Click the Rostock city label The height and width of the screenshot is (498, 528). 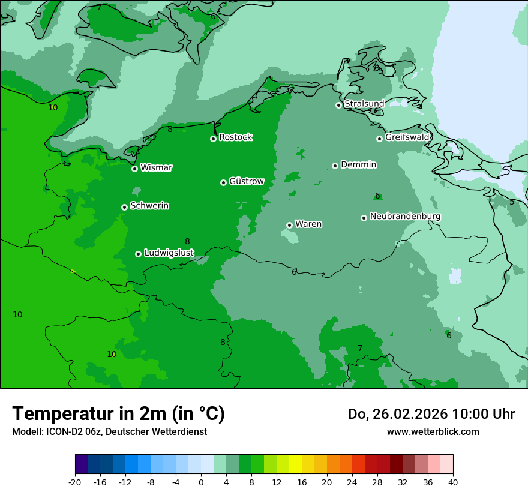tap(235, 137)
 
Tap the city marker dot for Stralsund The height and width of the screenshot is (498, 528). tap(338, 105)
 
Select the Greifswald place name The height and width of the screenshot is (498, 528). tap(407, 137)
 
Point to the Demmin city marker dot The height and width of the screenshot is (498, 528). tap(335, 166)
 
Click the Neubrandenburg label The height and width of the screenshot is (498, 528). tap(405, 217)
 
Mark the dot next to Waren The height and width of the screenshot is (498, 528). tap(289, 225)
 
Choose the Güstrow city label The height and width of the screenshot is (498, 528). tap(246, 181)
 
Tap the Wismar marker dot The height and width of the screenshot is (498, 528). tap(134, 169)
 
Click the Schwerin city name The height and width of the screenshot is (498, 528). tap(149, 206)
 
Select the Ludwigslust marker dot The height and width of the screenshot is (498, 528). tap(138, 254)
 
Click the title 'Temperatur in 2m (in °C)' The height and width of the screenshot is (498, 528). tap(118, 413)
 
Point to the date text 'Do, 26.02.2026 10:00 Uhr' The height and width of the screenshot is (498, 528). tap(431, 414)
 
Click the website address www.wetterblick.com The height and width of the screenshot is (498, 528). tap(433, 431)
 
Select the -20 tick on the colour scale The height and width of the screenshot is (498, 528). tap(75, 482)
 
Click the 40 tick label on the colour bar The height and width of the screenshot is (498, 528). tap(452, 482)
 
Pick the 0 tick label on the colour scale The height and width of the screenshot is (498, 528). tap(201, 482)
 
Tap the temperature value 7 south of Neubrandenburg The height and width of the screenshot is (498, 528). tap(360, 349)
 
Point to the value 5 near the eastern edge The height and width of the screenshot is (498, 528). tap(512, 202)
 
